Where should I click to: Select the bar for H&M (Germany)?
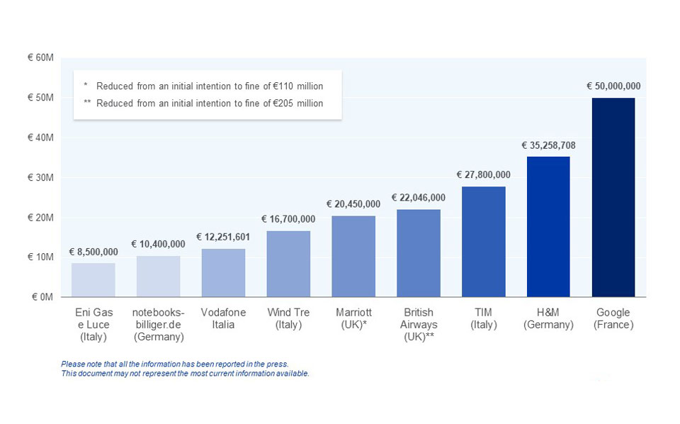click(x=548, y=226)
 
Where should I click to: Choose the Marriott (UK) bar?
click(x=353, y=256)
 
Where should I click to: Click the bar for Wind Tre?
click(x=288, y=263)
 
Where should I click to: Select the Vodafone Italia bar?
click(x=223, y=272)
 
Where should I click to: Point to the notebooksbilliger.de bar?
click(x=158, y=276)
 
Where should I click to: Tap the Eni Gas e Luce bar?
click(x=93, y=279)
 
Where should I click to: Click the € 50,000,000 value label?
click(x=613, y=87)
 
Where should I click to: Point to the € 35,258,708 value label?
click(x=548, y=145)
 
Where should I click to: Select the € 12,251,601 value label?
click(x=223, y=237)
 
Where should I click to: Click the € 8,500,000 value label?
click(x=93, y=252)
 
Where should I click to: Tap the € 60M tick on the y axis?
click(x=40, y=57)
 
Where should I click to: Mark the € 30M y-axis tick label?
click(x=40, y=177)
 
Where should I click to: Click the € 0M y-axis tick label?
click(x=42, y=297)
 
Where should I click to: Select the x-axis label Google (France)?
click(x=613, y=318)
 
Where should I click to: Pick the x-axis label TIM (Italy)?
click(x=483, y=318)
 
